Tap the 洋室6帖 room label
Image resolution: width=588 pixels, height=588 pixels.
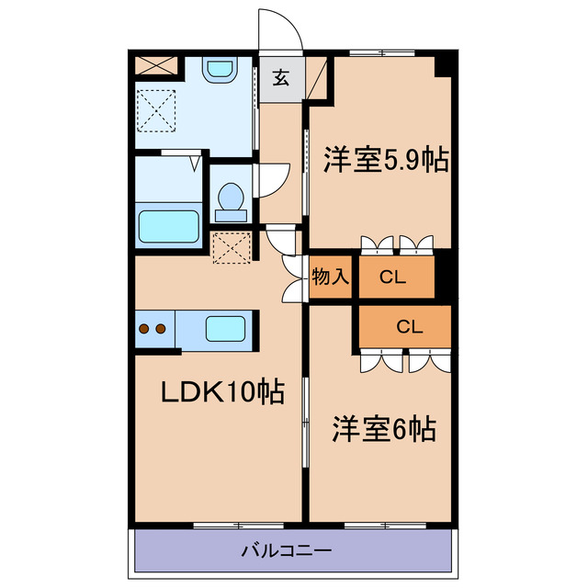tap(383, 428)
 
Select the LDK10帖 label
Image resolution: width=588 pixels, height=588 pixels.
tap(220, 392)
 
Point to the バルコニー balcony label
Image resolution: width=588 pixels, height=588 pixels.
tap(287, 551)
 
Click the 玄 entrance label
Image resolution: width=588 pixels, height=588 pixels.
tap(281, 79)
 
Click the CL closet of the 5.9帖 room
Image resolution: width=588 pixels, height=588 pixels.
tap(393, 277)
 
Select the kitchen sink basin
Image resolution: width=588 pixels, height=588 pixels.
tap(223, 327)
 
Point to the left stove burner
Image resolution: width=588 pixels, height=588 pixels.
tap(144, 327)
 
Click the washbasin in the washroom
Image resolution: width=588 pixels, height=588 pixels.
tap(220, 70)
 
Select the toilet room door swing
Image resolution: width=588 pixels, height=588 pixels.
tap(271, 178)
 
